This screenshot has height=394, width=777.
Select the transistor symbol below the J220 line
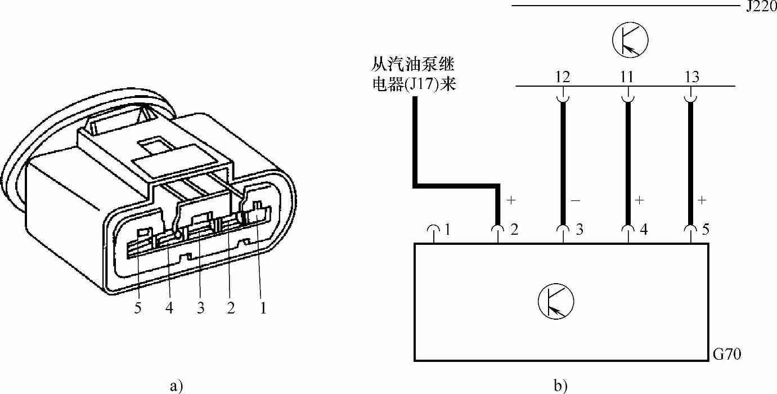point(630,40)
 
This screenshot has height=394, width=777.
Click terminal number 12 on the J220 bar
point(562,77)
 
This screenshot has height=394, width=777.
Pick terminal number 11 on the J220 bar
point(626,77)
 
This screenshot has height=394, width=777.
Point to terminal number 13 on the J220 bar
point(692,77)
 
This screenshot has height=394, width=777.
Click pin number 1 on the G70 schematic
point(447,230)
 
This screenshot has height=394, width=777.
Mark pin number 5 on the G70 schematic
point(706,230)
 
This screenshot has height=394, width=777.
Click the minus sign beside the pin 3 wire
point(576,200)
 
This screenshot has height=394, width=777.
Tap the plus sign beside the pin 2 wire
point(511,200)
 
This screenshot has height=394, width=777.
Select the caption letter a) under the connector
point(176,386)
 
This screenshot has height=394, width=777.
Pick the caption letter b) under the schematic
point(560,386)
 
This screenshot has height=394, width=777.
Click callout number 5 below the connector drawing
point(137,308)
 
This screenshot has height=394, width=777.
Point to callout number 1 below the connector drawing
point(262,308)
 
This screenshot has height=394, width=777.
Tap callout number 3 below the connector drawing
point(200,308)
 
